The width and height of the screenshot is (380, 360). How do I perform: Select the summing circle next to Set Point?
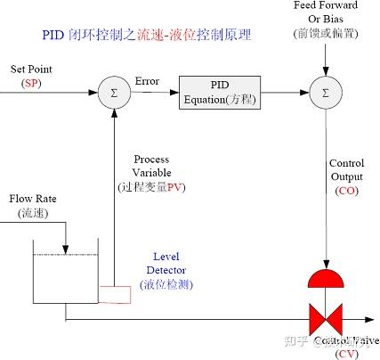pyautogui.click(x=115, y=92)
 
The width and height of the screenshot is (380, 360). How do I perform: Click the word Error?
pyautogui.click(x=147, y=81)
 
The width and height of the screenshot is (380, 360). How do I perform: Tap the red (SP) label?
pyautogui.click(x=31, y=83)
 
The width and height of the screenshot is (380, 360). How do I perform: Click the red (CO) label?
pyautogui.click(x=346, y=190)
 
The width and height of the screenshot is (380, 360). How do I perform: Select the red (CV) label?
pyautogui.click(x=346, y=354)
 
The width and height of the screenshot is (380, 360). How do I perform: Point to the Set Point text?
pyautogui.click(x=31, y=69)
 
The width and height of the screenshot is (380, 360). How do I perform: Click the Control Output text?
pyautogui.click(x=346, y=169)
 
